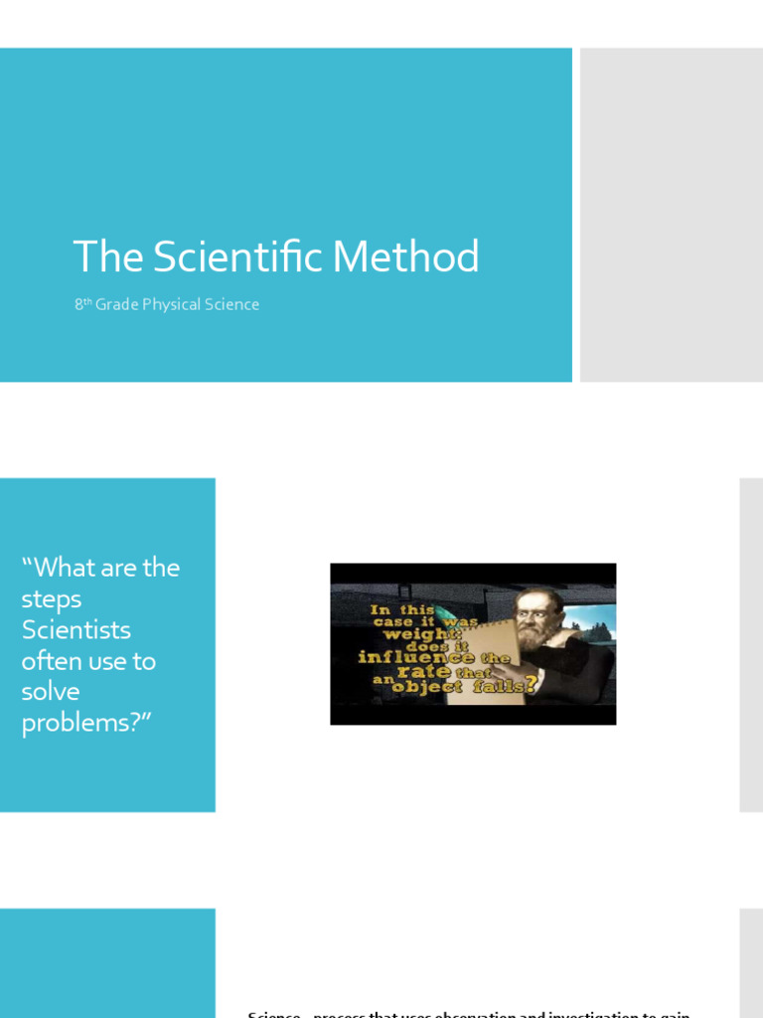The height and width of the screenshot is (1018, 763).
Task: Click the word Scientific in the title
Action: pyautogui.click(x=238, y=257)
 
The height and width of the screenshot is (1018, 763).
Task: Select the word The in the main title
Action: pyautogui.click(x=108, y=257)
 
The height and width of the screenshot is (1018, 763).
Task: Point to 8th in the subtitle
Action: pyautogui.click(x=82, y=304)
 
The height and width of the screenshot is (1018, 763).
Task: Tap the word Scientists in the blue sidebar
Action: pyautogui.click(x=76, y=630)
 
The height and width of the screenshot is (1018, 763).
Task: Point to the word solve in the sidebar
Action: pyautogui.click(x=51, y=692)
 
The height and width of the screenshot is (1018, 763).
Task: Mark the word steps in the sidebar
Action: pyautogui.click(x=52, y=599)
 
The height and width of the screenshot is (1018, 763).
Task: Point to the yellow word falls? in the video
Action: pyautogui.click(x=508, y=685)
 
